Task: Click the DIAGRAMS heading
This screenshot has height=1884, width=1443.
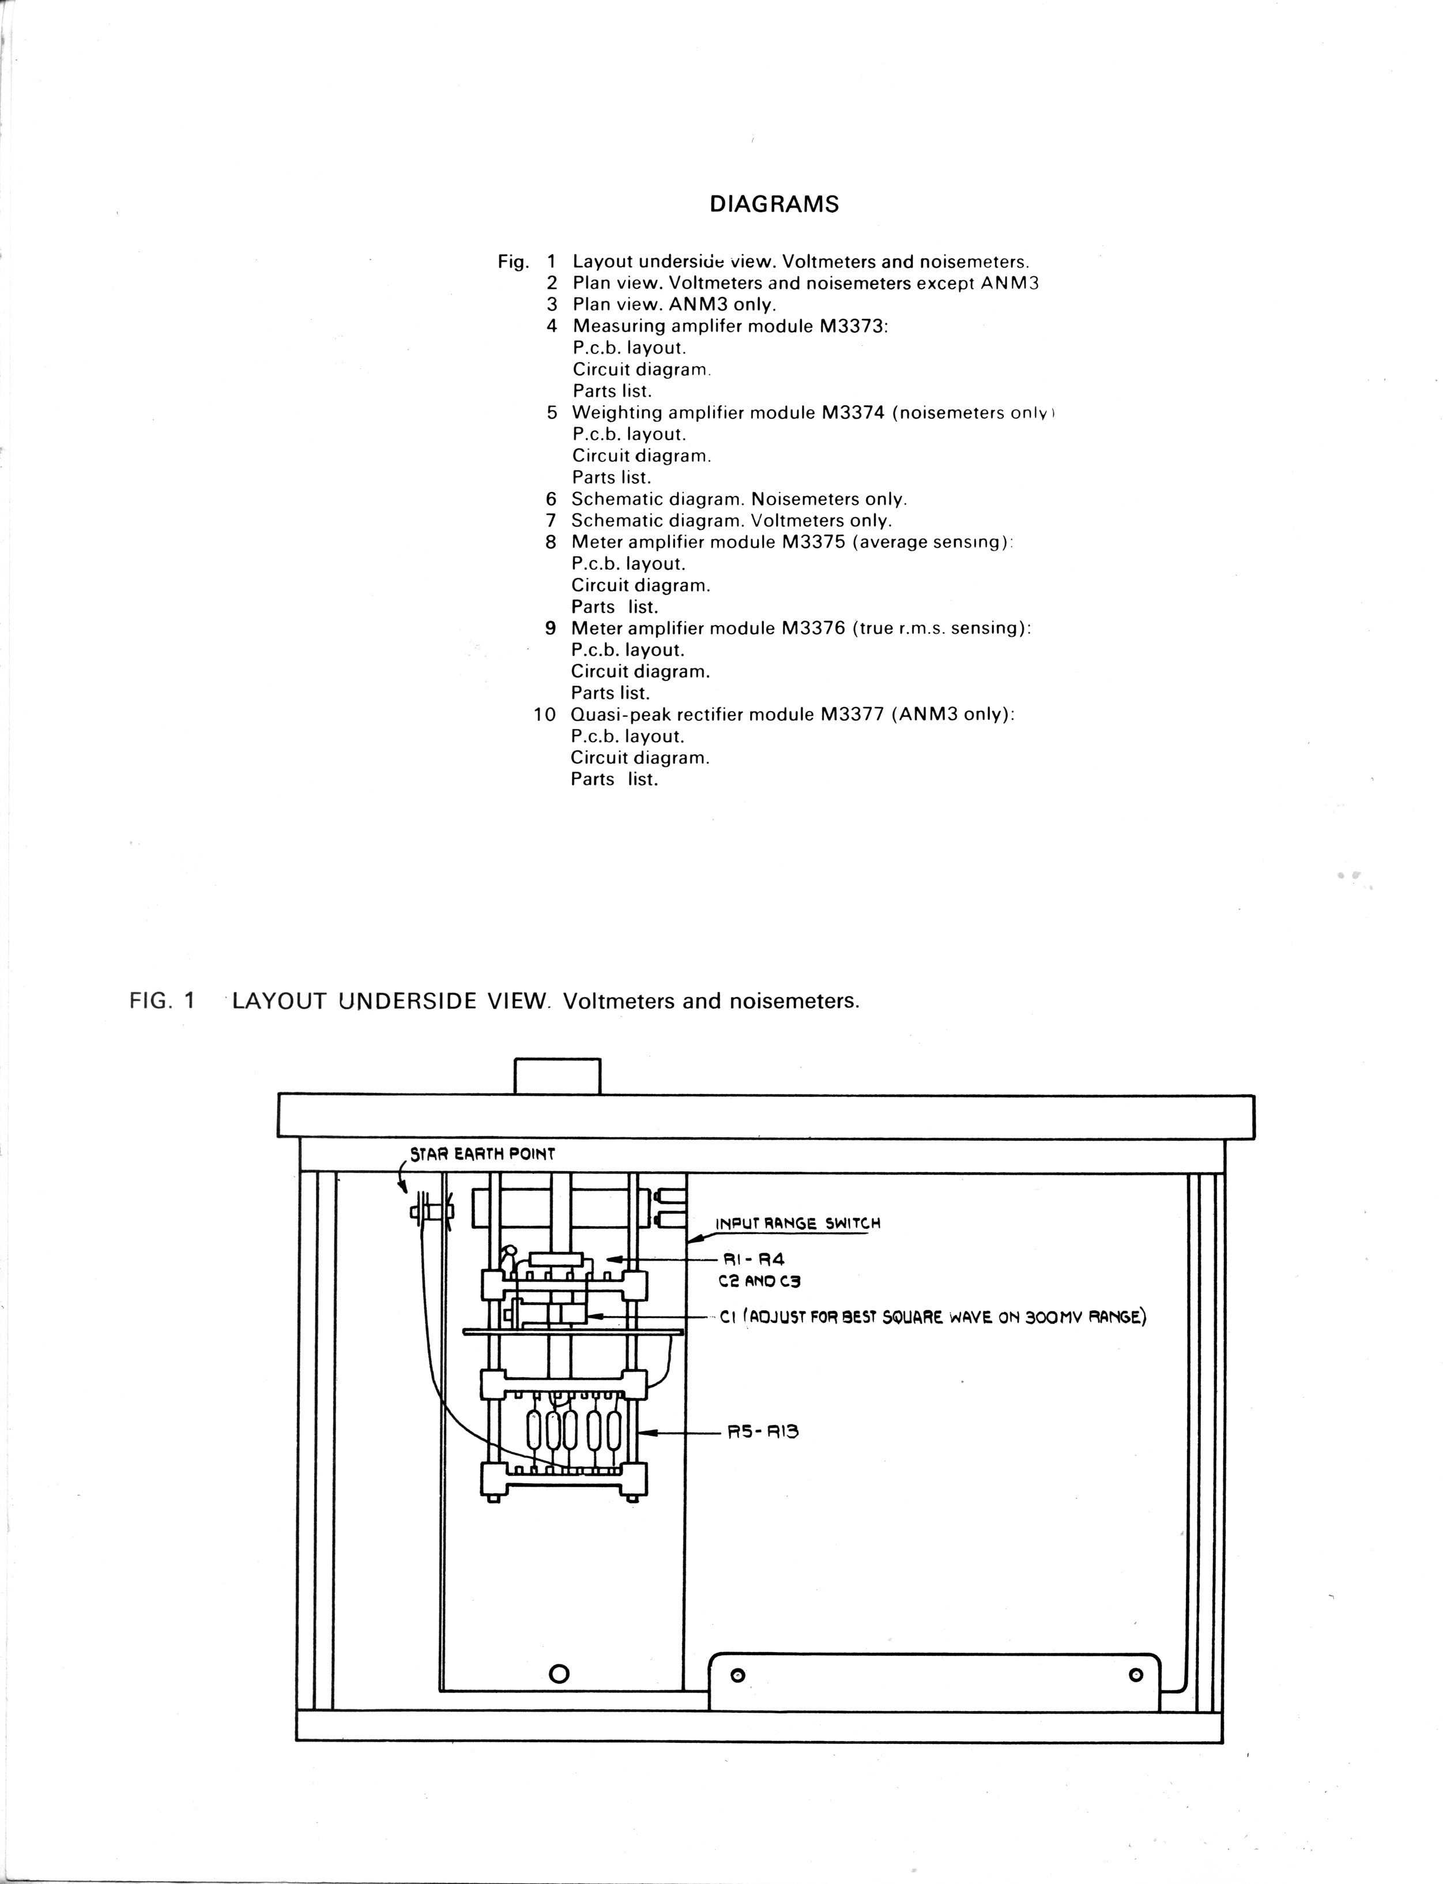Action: [x=774, y=205]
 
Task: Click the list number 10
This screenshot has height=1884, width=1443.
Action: [x=545, y=715]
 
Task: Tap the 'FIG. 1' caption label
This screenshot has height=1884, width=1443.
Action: [x=163, y=1001]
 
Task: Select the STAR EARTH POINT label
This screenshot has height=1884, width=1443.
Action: [x=483, y=1154]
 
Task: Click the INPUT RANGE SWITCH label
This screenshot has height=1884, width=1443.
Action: [x=798, y=1223]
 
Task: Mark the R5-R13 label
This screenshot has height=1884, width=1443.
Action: [x=763, y=1431]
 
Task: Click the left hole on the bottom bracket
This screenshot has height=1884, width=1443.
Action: [x=737, y=1675]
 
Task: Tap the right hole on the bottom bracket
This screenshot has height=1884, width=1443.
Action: [x=1136, y=1675]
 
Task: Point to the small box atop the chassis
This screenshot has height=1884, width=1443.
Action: [x=556, y=1076]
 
